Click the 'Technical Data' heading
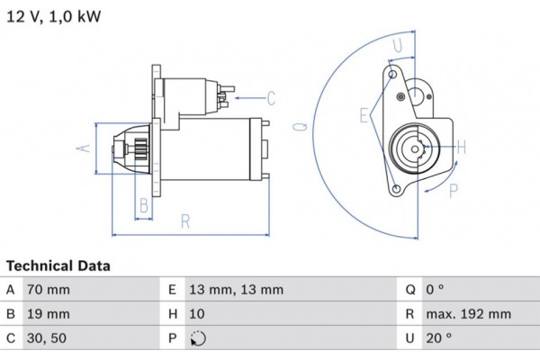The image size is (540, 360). pos(58,266)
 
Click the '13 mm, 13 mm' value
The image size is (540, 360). pos(236,290)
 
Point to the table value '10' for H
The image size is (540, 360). pos(197,315)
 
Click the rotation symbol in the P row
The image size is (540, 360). pos(199,340)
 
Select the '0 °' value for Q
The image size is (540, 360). pos(436,290)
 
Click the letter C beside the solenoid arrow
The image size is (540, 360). pos(271,97)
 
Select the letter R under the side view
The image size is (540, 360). pos(185,219)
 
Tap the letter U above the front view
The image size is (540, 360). pos(397,43)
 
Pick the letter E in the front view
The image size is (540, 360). pos(364,115)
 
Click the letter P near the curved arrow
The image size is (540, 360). pos(454,189)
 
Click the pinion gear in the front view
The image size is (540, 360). pos(420,146)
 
